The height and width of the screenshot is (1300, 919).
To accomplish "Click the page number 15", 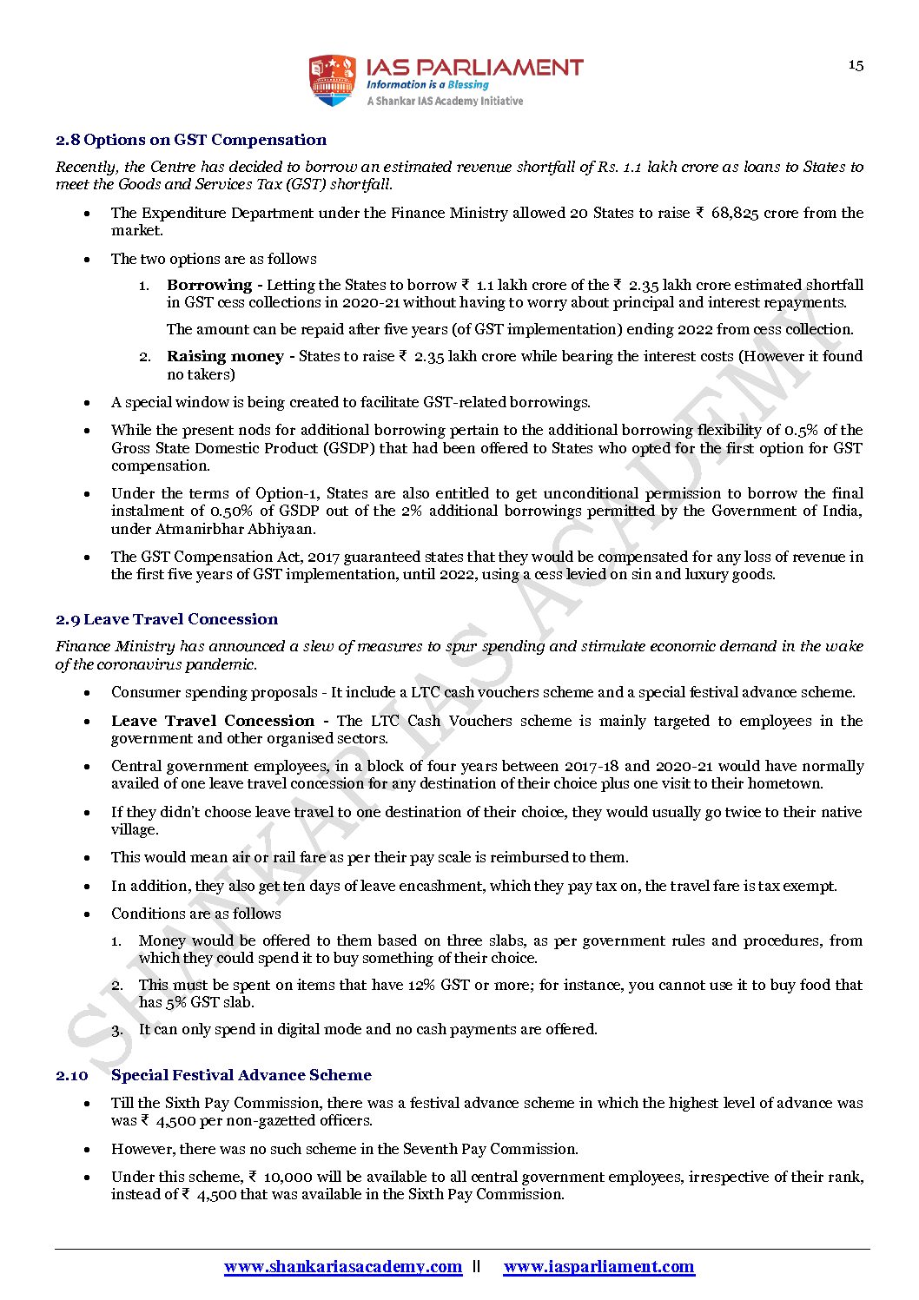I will point(856,65).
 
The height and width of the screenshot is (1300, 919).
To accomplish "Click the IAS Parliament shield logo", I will point(333,81).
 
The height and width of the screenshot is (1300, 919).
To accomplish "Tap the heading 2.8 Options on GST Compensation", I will point(191,140).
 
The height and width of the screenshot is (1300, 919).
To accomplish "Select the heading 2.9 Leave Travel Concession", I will point(167,619).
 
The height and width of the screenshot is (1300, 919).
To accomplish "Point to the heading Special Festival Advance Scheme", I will point(241,1075).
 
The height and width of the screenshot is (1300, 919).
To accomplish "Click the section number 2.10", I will point(72,1075).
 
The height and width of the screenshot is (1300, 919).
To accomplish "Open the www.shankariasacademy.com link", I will point(343,1266).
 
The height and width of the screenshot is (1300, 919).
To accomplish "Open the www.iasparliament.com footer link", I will point(598,1266).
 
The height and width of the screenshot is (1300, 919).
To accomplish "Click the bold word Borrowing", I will point(209,285).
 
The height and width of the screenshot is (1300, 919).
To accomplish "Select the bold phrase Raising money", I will point(225,356).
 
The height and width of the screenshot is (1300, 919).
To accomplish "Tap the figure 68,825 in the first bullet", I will point(735,213).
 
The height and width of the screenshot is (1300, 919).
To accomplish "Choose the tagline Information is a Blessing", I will point(427,85).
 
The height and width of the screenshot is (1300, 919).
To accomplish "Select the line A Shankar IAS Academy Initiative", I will point(445,102).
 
